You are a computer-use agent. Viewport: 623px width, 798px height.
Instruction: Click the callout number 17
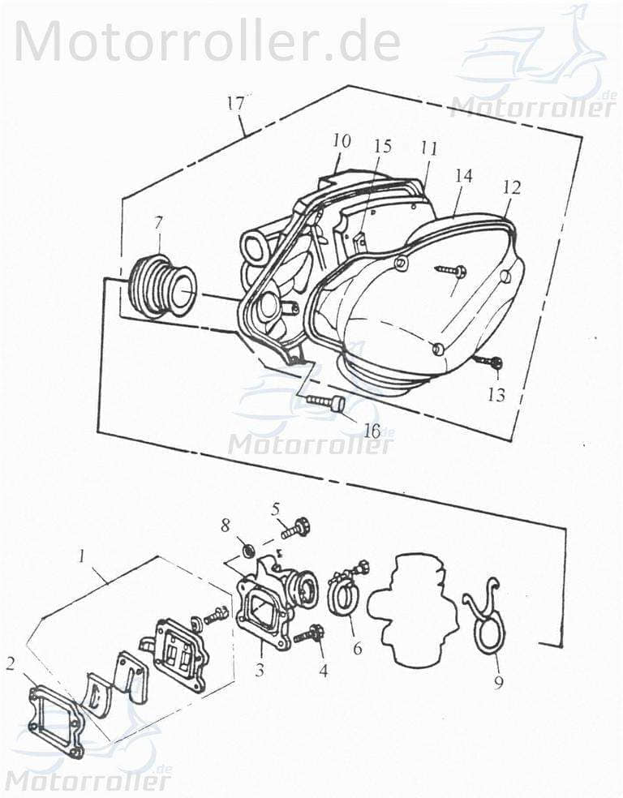[235, 103]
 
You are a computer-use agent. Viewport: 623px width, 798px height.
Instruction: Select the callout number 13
[496, 395]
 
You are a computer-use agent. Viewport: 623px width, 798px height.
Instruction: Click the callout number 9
[498, 681]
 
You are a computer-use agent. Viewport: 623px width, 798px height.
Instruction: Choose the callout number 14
[463, 176]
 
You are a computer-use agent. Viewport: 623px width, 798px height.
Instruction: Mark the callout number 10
[342, 140]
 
